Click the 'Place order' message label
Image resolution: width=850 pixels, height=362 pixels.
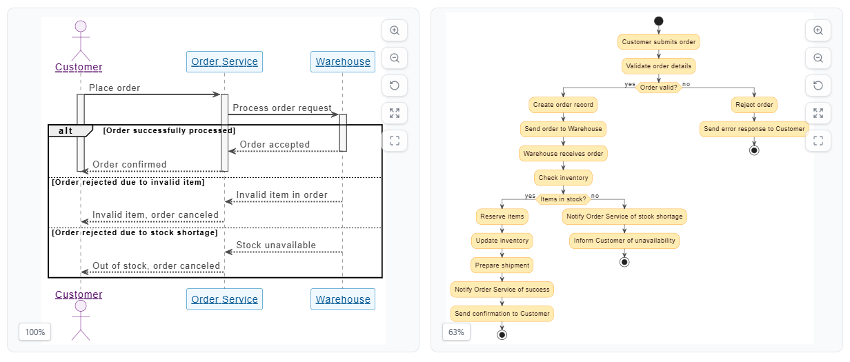tap(115, 88)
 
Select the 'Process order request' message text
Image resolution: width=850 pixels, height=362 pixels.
tap(281, 108)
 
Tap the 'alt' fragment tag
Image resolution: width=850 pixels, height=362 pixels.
tap(66, 131)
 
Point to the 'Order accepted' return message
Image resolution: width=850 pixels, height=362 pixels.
tap(275, 145)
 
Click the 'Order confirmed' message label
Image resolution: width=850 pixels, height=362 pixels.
tap(130, 165)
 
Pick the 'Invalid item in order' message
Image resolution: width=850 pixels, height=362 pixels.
tap(281, 195)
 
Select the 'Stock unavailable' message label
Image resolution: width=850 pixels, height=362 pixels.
tap(276, 245)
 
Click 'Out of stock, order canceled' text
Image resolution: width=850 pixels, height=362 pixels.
tap(156, 266)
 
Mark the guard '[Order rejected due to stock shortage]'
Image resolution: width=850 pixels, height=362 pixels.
tap(135, 233)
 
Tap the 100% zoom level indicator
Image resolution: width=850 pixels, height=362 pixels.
tap(35, 332)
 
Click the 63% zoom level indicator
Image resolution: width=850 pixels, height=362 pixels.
tap(456, 332)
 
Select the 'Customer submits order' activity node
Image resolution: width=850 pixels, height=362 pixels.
tap(658, 42)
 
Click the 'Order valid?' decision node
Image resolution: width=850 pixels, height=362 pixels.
tap(658, 88)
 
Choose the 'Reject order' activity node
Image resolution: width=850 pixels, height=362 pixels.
tap(754, 105)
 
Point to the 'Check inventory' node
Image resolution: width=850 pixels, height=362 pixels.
tap(563, 178)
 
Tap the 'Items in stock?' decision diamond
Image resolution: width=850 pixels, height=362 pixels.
tap(563, 199)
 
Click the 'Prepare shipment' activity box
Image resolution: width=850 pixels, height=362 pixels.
tap(502, 265)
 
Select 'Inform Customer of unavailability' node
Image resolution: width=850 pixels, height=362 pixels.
tap(624, 241)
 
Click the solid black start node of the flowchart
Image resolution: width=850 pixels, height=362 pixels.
tap(658, 21)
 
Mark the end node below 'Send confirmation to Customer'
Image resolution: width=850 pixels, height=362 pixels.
tap(502, 335)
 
